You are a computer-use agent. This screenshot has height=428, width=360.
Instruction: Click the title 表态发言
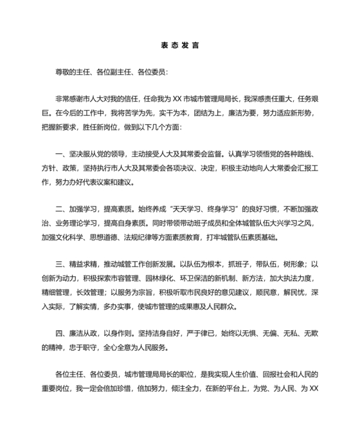click(x=179, y=46)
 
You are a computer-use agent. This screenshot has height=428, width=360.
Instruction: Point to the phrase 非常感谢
click(x=70, y=98)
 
